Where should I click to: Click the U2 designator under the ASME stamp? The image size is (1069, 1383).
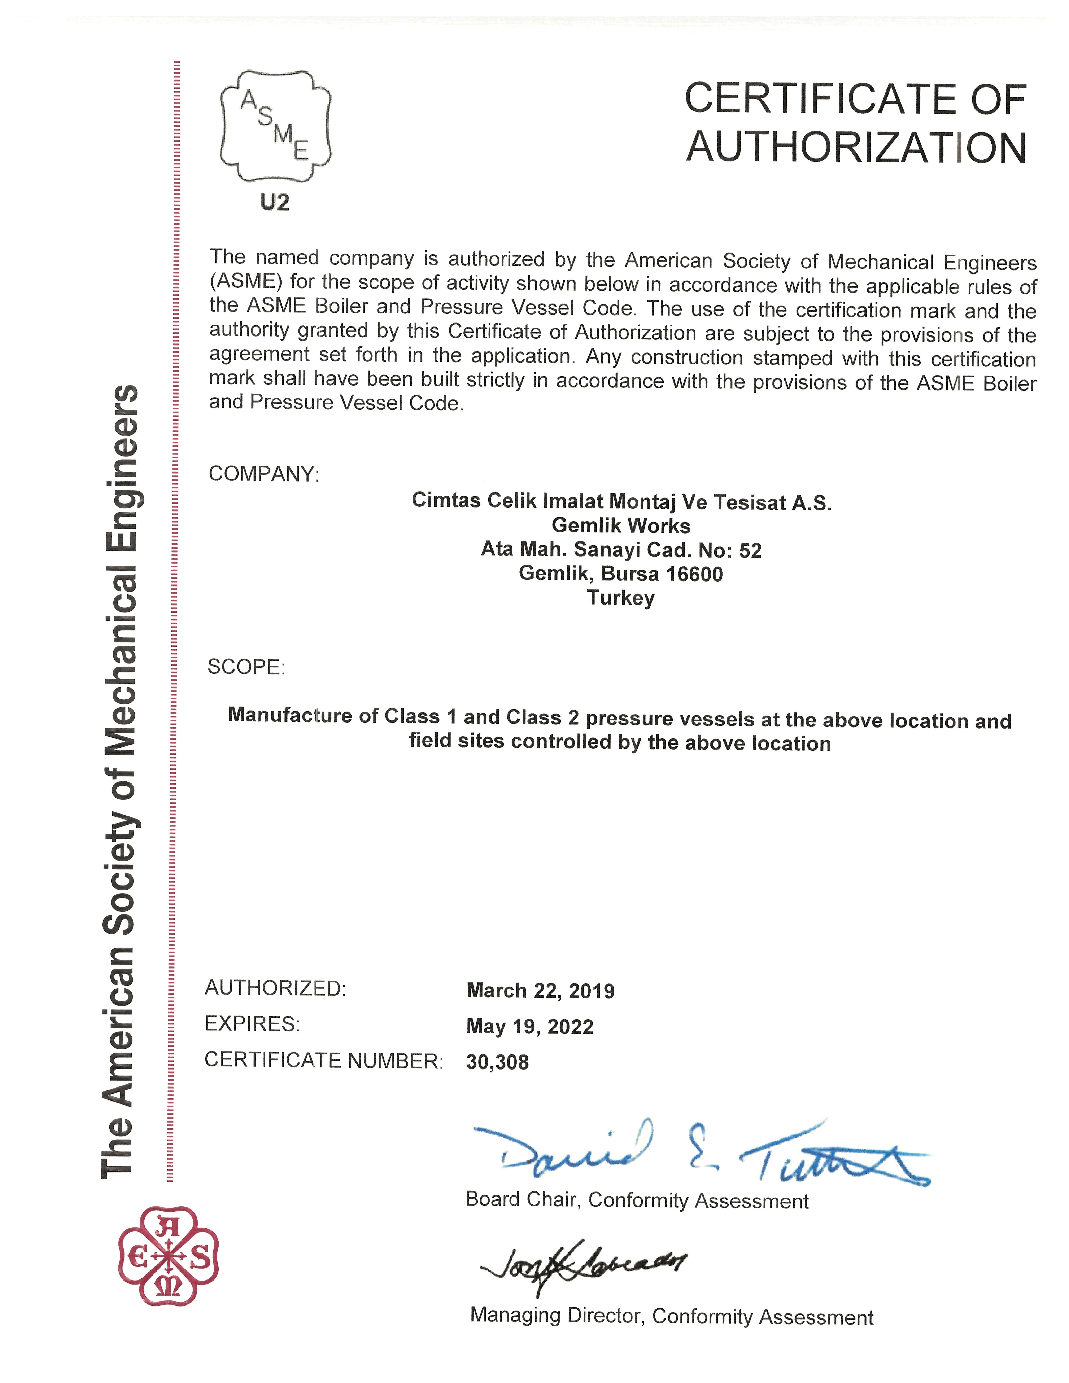tap(275, 203)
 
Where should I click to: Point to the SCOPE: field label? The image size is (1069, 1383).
tap(246, 667)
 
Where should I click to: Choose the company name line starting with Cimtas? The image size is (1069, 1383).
tap(621, 501)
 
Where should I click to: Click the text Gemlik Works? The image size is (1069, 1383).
tap(621, 526)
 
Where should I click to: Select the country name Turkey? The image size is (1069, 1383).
tap(621, 598)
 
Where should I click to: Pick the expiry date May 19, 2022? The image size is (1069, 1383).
tap(529, 1026)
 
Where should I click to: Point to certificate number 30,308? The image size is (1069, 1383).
tap(497, 1062)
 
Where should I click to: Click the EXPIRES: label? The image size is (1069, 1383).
tap(252, 1024)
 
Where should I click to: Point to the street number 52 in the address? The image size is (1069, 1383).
tap(750, 550)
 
